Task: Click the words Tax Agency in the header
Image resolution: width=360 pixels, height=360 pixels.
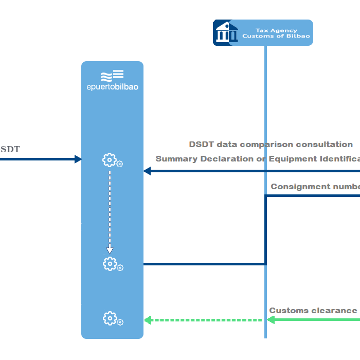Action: coord(276,30)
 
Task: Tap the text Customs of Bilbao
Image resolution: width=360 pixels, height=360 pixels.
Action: coord(276,37)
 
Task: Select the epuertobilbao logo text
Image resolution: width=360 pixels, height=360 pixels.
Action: coord(112,87)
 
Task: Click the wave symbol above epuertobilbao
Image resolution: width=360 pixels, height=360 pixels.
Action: coord(112,75)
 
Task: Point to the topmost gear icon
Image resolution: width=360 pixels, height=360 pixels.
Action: coord(110,160)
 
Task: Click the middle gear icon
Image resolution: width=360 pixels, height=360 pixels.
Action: coord(110,264)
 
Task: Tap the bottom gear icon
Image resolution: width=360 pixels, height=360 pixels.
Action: coord(110,319)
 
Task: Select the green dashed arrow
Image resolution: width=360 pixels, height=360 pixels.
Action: coord(203,320)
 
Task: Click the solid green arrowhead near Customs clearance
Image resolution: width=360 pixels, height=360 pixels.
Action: coord(271,320)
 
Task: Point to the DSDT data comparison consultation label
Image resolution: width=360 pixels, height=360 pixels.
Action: coord(271,145)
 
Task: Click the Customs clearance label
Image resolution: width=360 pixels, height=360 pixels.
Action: coord(313,311)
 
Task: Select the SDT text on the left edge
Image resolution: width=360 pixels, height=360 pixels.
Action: coord(10,150)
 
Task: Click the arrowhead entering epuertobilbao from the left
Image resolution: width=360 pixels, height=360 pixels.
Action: coord(78,159)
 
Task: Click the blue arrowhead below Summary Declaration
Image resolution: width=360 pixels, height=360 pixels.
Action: coord(147,171)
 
